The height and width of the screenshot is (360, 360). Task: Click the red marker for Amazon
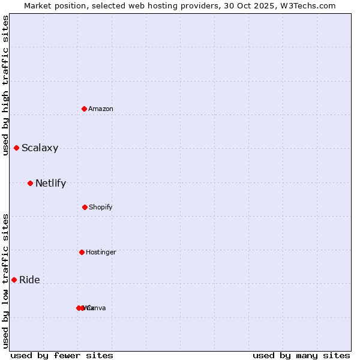pyautogui.click(x=85, y=109)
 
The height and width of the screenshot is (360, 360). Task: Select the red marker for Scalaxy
pyautogui.click(x=17, y=148)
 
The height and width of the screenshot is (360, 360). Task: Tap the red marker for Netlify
pyautogui.click(x=30, y=183)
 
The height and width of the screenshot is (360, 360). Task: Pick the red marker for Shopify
pyautogui.click(x=85, y=207)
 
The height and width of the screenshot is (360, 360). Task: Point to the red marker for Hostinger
pyautogui.click(x=82, y=252)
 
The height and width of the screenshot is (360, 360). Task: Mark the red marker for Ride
pyautogui.click(x=14, y=280)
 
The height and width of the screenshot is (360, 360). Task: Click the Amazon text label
pyautogui.click(x=101, y=109)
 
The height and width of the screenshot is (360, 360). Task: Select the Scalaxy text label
pyautogui.click(x=40, y=148)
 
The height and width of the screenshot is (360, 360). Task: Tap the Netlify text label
pyautogui.click(x=50, y=183)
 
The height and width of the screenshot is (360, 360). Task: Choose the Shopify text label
pyautogui.click(x=101, y=207)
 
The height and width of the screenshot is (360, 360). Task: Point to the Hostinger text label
pyautogui.click(x=101, y=252)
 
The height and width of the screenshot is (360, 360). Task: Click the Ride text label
pyautogui.click(x=29, y=280)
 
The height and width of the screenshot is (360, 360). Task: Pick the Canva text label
pyautogui.click(x=98, y=308)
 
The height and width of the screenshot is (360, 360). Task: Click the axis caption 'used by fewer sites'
pyautogui.click(x=62, y=355)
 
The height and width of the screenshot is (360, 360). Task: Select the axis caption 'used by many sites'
pyautogui.click(x=301, y=355)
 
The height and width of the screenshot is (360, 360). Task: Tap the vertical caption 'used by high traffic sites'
pyautogui.click(x=5, y=85)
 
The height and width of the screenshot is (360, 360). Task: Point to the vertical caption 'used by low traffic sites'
pyautogui.click(x=5, y=281)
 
